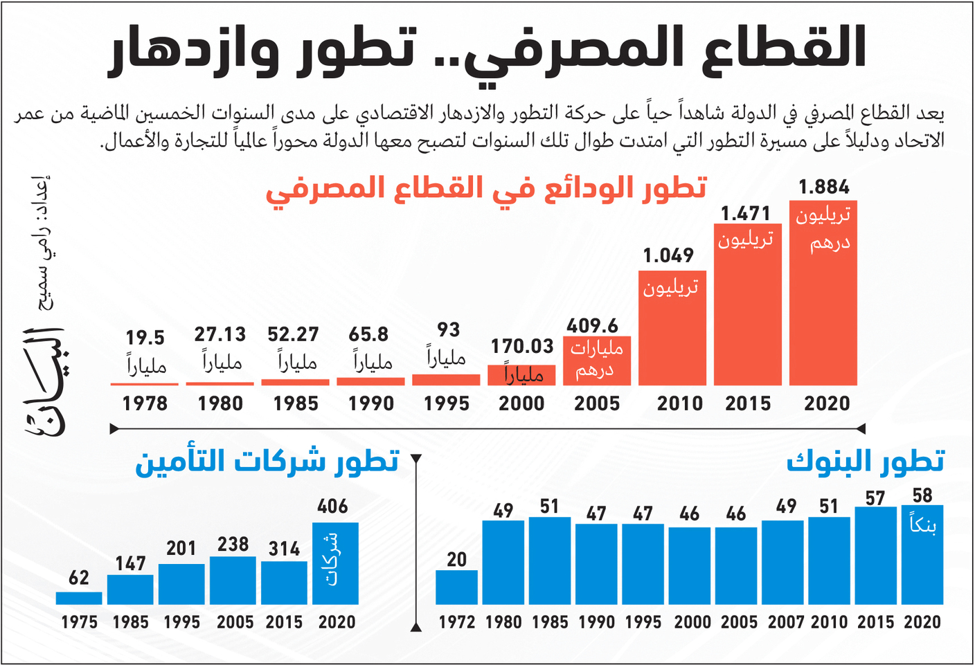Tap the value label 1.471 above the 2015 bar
(746, 214)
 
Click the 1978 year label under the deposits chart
(145, 403)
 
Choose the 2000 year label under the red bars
(521, 403)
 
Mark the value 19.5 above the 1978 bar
(145, 338)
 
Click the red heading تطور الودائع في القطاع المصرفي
(486, 188)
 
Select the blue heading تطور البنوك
(866, 462)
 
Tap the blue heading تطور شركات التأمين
(267, 462)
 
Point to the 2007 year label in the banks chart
(786, 622)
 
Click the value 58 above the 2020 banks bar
(922, 495)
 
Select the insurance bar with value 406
(336, 564)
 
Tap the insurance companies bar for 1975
(79, 598)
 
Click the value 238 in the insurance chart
(233, 545)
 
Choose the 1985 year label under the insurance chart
(130, 622)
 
